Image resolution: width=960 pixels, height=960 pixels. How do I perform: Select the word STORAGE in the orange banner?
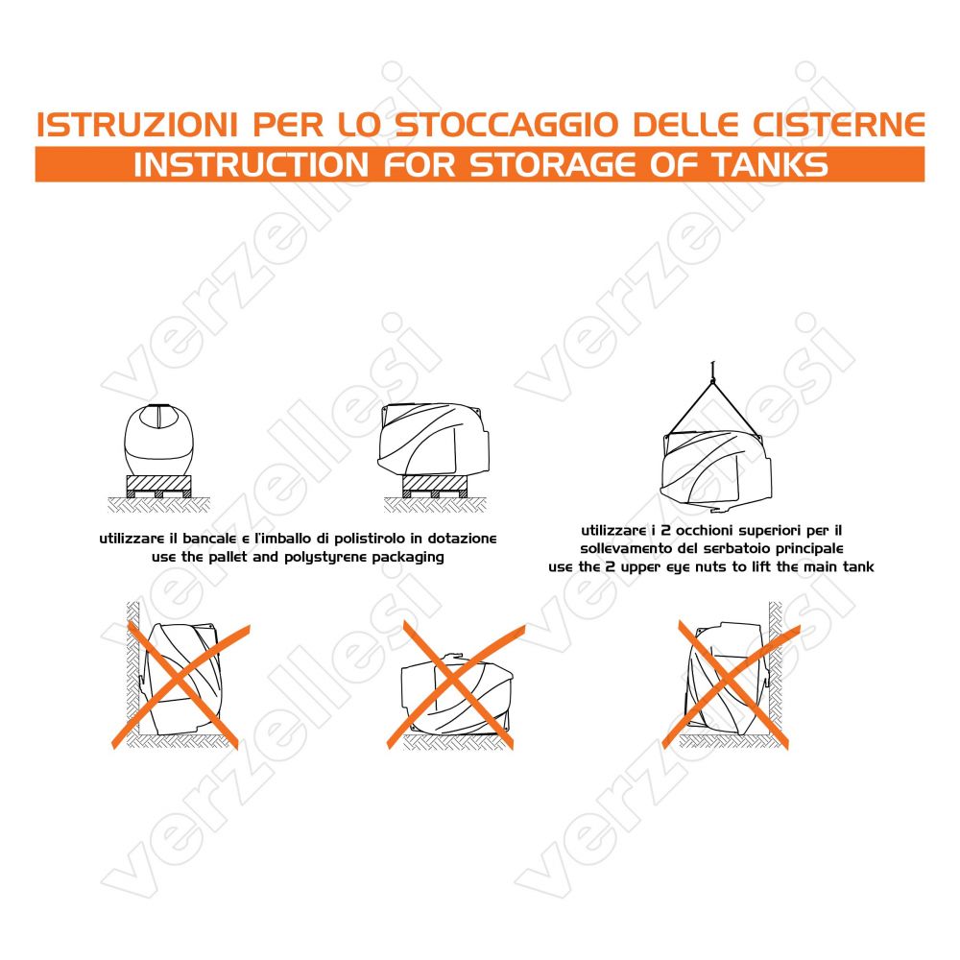[553, 165]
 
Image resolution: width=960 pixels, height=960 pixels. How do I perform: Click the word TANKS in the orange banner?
[769, 165]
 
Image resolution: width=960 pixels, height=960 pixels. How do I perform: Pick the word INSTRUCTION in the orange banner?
[251, 165]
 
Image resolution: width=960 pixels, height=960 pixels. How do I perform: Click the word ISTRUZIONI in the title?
[136, 125]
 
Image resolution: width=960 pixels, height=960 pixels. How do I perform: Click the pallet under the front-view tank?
[158, 486]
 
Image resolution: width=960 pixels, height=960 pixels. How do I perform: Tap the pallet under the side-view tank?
[435, 486]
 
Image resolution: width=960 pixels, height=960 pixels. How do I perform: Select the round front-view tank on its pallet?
[158, 440]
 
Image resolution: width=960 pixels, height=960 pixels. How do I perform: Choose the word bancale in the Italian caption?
[209, 539]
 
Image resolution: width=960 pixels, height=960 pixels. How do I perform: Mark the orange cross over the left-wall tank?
[181, 684]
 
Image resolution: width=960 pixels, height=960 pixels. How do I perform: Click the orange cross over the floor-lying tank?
[455, 684]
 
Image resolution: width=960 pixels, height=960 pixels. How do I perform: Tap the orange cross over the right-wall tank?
[731, 684]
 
